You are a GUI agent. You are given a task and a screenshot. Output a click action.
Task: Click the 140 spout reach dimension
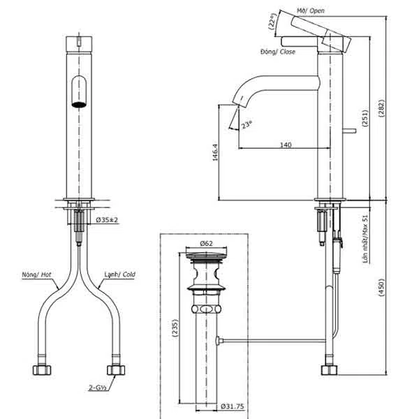286,145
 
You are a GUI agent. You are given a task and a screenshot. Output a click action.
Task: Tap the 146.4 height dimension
215,152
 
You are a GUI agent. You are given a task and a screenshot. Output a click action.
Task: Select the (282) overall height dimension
381,108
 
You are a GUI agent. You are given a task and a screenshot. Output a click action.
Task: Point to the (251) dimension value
365,118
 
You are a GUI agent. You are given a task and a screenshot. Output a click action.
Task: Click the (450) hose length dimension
381,287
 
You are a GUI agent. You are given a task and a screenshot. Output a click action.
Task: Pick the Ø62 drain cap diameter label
206,244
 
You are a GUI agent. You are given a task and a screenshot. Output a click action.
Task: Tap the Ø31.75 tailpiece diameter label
233,406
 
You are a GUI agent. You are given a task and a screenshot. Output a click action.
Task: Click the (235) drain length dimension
175,328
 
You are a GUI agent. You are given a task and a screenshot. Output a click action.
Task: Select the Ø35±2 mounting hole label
107,220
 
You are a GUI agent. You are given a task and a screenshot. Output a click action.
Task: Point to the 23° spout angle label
247,124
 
